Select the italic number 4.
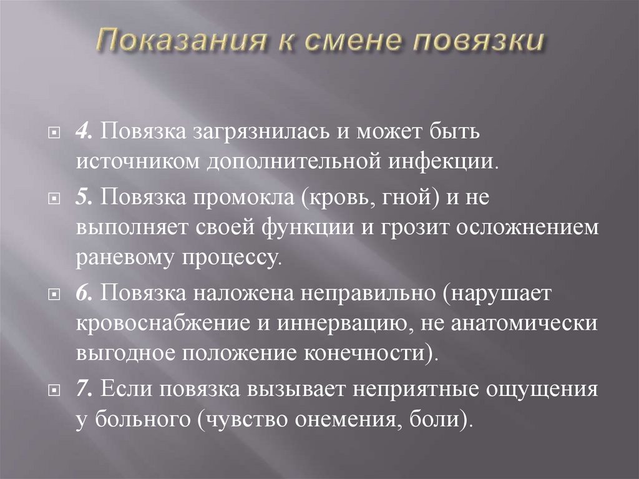(85, 133)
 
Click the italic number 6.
(85, 292)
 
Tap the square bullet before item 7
(56, 389)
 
